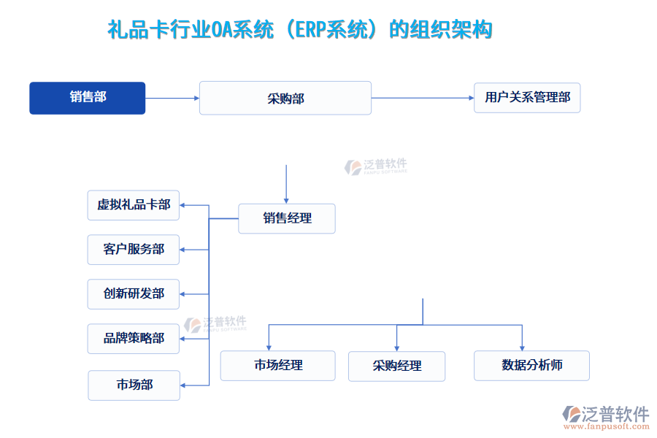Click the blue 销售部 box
point(87,98)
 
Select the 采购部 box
point(285,98)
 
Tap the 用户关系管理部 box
point(527,97)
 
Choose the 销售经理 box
point(286,218)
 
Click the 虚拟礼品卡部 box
point(134,205)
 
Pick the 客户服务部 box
point(134,250)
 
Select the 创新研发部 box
point(134,294)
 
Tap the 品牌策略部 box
point(134,339)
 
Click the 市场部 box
point(134,385)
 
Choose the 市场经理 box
point(277,365)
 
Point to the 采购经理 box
point(396,366)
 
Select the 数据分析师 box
point(531,365)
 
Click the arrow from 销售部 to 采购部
point(172,98)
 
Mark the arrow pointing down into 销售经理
point(286,184)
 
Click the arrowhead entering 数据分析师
point(523,347)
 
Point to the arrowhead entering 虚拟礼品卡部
point(184,205)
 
